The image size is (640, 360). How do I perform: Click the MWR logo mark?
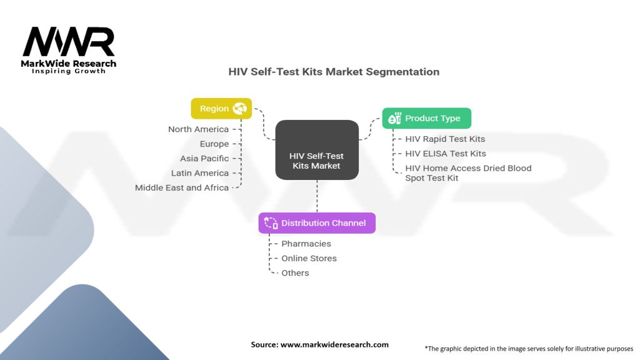[x=69, y=42]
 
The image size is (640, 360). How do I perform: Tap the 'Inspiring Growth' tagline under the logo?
[x=69, y=71]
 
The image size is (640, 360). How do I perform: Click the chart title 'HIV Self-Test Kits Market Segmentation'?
[x=334, y=72]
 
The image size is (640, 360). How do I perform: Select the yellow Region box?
[x=221, y=109]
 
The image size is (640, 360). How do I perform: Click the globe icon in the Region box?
[x=239, y=109]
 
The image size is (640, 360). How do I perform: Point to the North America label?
[x=198, y=129]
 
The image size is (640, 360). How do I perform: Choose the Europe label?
[x=214, y=144]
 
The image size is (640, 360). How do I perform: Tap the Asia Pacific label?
[x=204, y=159]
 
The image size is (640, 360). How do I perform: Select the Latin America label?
[x=200, y=173]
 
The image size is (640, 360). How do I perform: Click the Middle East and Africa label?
[x=182, y=187]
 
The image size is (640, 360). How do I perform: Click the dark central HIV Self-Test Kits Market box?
[x=317, y=150]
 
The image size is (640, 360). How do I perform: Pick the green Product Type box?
[x=427, y=118]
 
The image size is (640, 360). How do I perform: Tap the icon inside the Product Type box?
[x=394, y=118]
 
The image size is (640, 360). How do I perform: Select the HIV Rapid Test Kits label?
[x=444, y=139]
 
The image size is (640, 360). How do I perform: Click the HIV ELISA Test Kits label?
[x=445, y=153]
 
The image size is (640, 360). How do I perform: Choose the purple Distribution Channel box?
[x=317, y=223]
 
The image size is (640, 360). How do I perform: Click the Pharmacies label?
[x=306, y=244]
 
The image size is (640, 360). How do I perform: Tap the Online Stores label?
[x=309, y=258]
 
